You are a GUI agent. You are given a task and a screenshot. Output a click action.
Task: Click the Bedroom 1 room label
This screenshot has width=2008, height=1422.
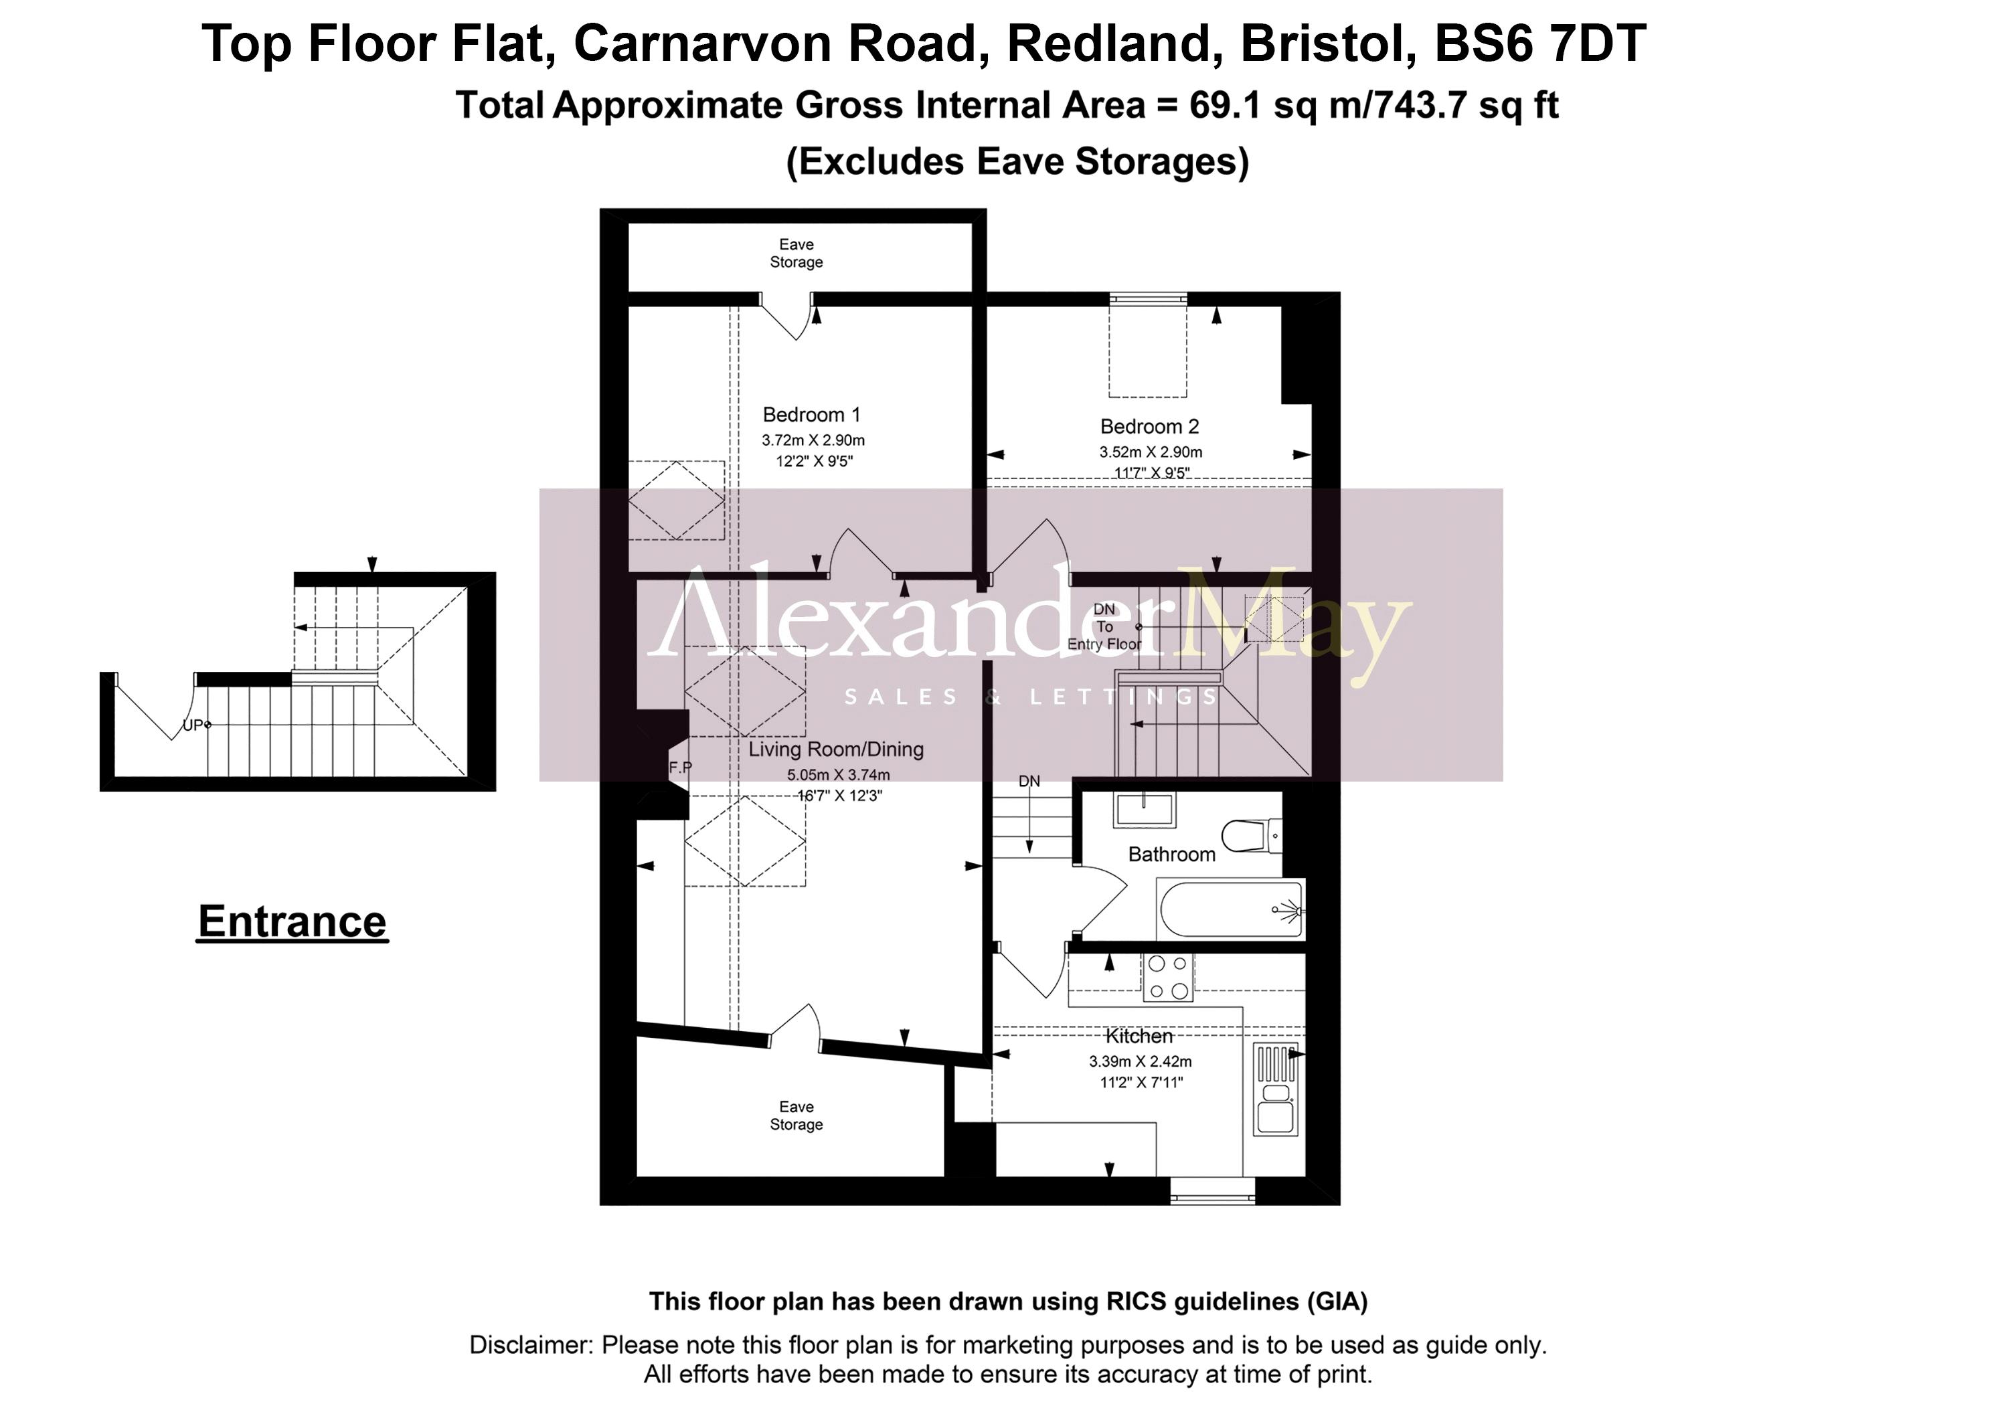click(x=811, y=415)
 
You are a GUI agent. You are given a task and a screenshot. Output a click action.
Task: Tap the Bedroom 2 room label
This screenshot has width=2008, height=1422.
click(x=1149, y=428)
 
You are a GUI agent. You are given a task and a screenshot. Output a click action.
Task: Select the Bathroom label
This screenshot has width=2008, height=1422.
click(x=1171, y=855)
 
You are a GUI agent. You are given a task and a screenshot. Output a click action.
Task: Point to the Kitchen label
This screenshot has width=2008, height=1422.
click(x=1139, y=1037)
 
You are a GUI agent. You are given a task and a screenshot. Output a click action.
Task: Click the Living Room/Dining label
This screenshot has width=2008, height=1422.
click(x=835, y=749)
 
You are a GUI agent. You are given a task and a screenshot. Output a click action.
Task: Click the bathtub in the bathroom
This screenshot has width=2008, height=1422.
click(x=1230, y=910)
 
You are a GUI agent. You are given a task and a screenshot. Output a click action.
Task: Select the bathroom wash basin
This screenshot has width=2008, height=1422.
click(x=1145, y=809)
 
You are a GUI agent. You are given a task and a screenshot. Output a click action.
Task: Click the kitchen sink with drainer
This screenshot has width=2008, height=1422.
click(x=1275, y=1090)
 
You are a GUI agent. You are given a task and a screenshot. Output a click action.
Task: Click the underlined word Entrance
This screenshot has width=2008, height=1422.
click(x=292, y=922)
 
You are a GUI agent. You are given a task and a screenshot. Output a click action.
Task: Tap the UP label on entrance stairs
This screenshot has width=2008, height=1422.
click(x=193, y=725)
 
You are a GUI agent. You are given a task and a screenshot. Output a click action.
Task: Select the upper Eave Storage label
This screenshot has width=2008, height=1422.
click(x=796, y=253)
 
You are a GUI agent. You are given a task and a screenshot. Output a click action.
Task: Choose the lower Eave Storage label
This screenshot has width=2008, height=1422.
click(x=796, y=1116)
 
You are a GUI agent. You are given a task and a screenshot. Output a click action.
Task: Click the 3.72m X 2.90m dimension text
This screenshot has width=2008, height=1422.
click(x=813, y=440)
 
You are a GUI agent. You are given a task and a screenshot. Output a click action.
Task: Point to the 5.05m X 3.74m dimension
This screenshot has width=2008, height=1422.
click(x=838, y=775)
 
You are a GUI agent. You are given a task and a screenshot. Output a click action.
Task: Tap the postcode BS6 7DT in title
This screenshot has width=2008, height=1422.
click(x=1539, y=43)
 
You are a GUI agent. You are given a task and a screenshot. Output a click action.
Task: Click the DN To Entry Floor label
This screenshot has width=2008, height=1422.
click(x=1104, y=627)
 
